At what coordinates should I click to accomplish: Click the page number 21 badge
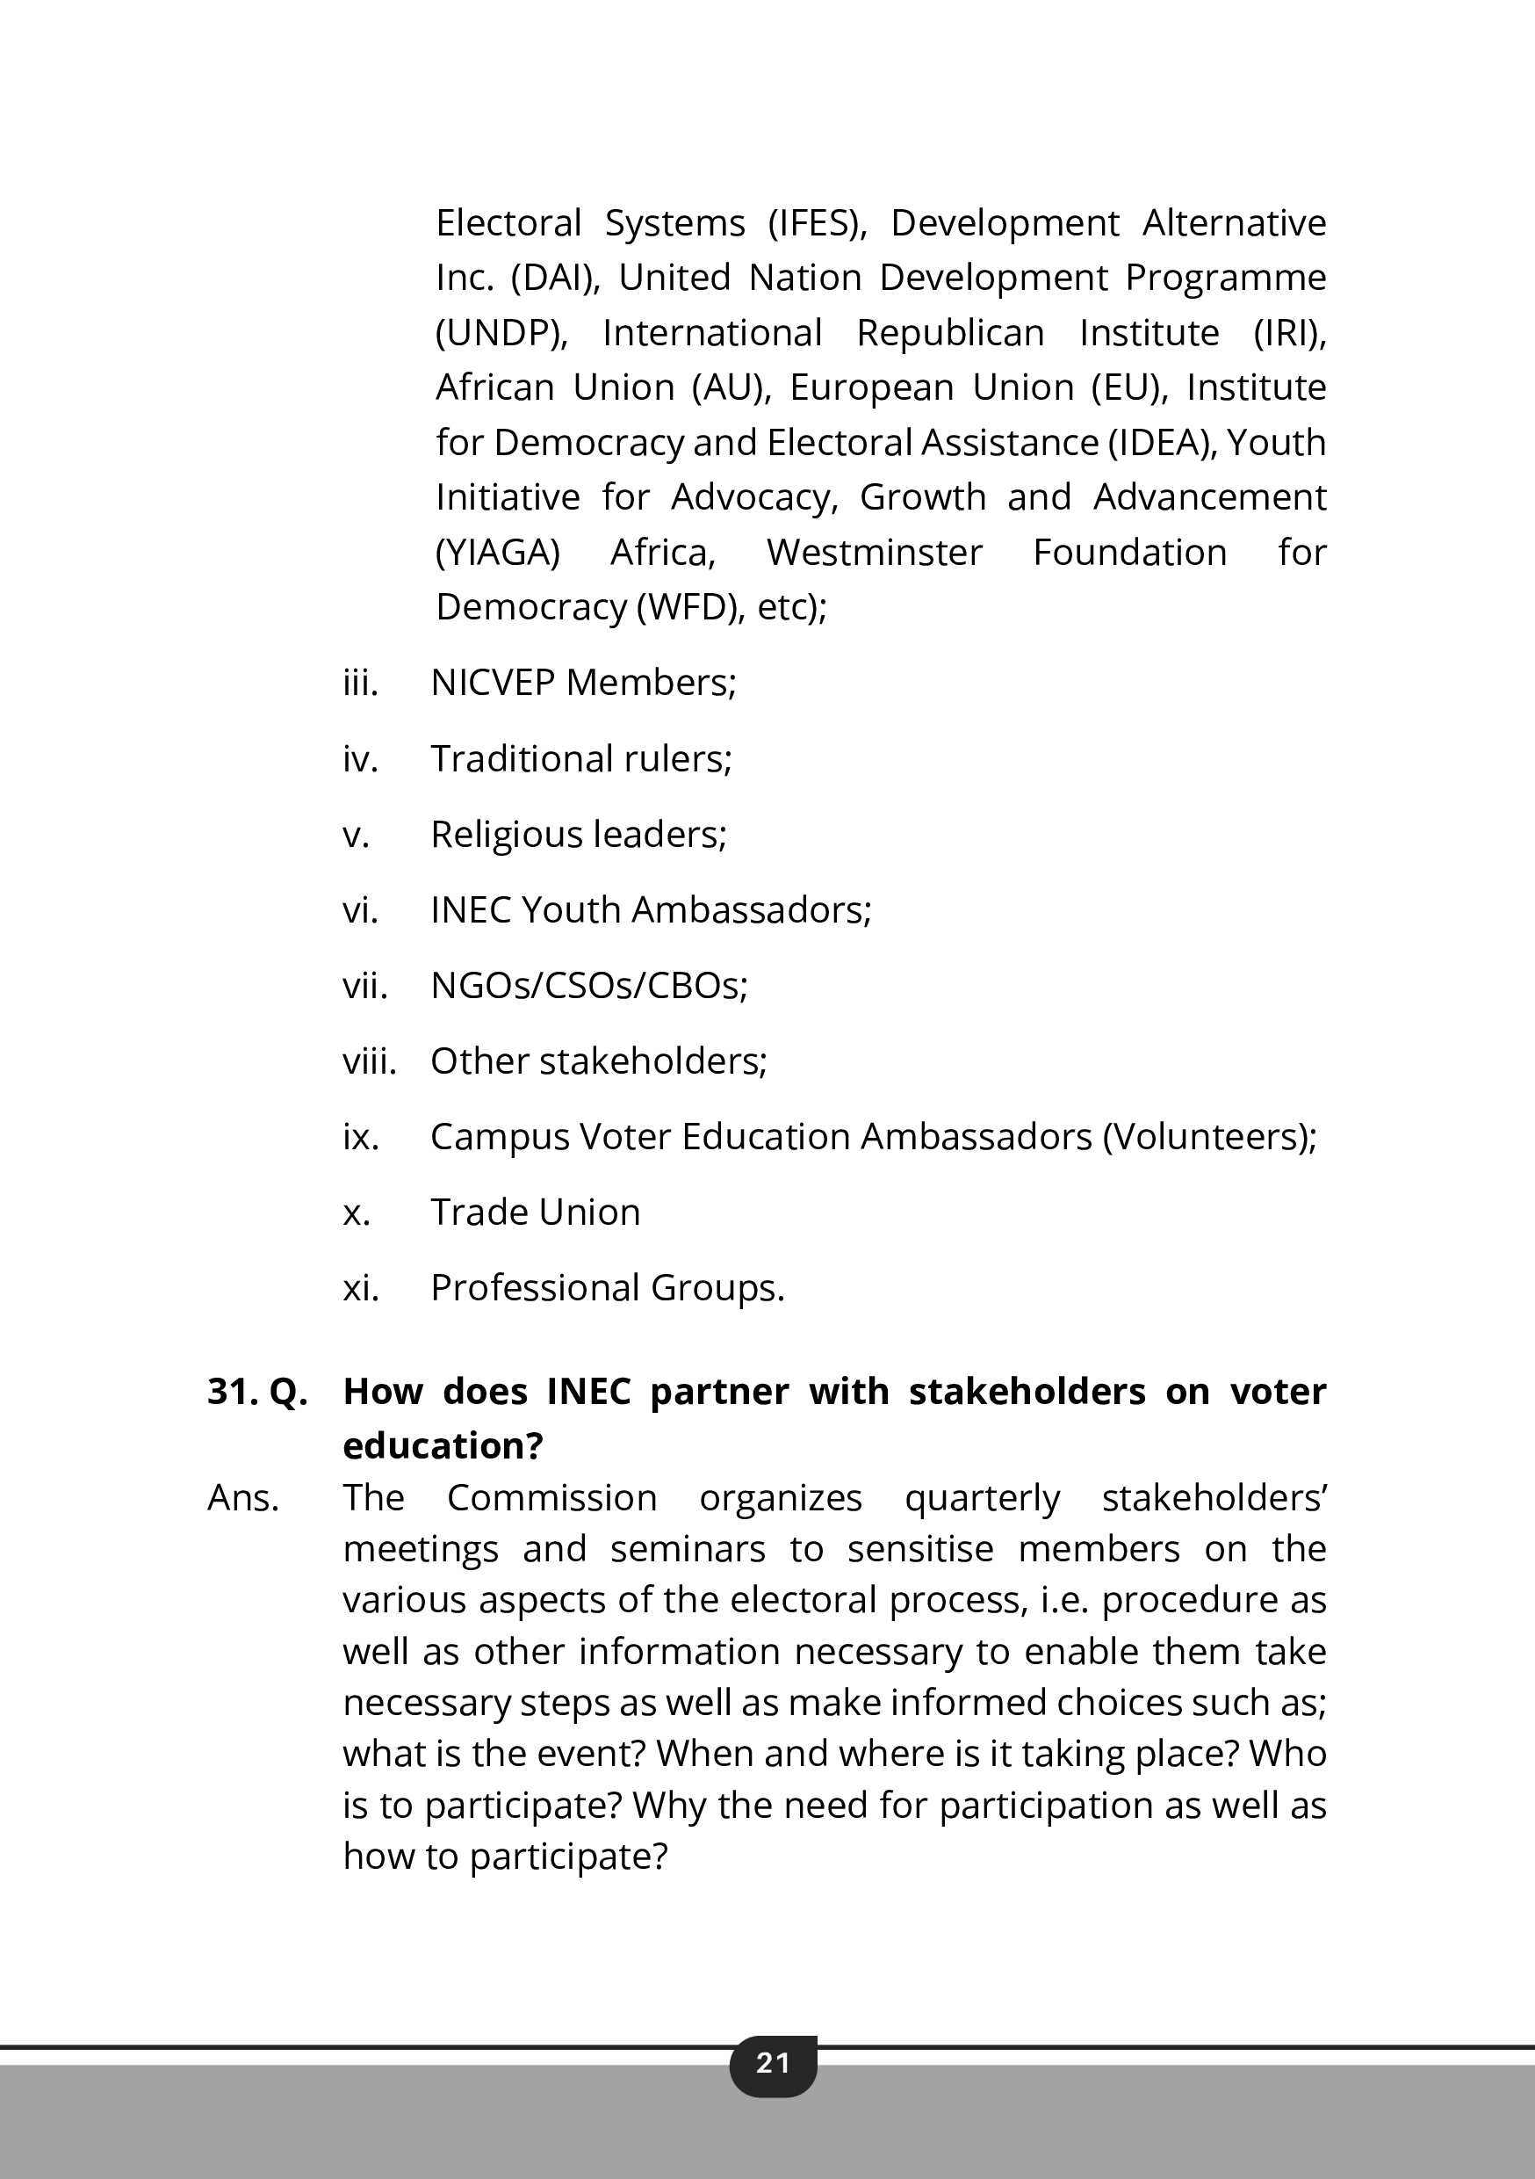pyautogui.click(x=772, y=2062)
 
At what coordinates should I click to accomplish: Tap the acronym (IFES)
pyautogui.click(x=817, y=223)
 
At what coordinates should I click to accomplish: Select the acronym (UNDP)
pyautogui.click(x=501, y=333)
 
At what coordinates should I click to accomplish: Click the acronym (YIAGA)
pyautogui.click(x=497, y=553)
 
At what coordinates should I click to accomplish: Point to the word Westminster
pyautogui.click(x=874, y=553)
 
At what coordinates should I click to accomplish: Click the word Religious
pyautogui.click(x=506, y=834)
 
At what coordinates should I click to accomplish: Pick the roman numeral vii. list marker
pyautogui.click(x=364, y=986)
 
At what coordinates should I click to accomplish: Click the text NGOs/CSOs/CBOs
pyautogui.click(x=587, y=986)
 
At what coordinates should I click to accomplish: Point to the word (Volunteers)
pyautogui.click(x=1207, y=1137)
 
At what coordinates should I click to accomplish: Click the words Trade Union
pyautogui.click(x=535, y=1213)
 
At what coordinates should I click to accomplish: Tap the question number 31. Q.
pyautogui.click(x=257, y=1391)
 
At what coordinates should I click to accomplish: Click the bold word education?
pyautogui.click(x=442, y=1445)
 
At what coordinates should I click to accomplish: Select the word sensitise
pyautogui.click(x=919, y=1550)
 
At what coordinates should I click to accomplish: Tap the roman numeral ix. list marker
pyautogui.click(x=361, y=1137)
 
